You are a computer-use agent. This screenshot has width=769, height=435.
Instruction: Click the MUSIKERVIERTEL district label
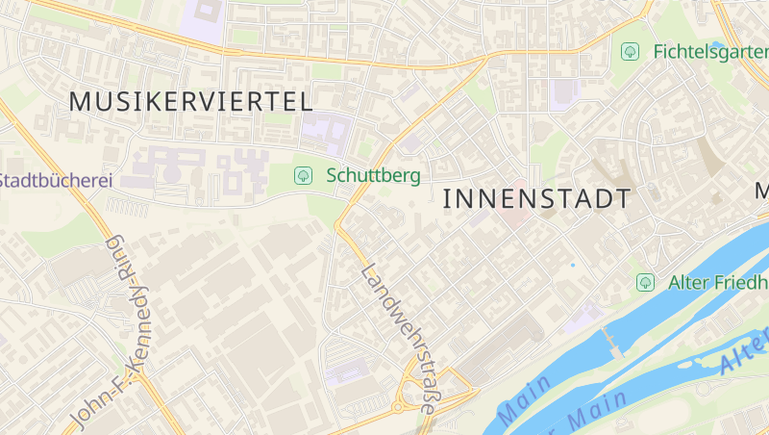click(191, 101)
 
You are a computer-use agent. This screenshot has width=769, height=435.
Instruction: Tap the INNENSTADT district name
click(537, 199)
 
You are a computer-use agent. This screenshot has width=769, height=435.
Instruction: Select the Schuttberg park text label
click(374, 175)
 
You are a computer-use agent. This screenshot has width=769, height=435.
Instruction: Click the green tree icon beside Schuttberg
click(303, 175)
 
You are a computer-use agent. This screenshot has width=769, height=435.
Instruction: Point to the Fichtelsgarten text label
click(709, 51)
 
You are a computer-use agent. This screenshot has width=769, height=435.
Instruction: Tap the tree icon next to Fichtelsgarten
click(630, 51)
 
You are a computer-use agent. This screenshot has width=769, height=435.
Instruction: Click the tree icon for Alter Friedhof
click(645, 282)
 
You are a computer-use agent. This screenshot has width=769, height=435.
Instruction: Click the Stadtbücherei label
click(56, 180)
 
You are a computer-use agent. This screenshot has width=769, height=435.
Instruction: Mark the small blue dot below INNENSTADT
click(573, 265)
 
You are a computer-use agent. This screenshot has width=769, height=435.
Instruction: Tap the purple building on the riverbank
click(581, 318)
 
